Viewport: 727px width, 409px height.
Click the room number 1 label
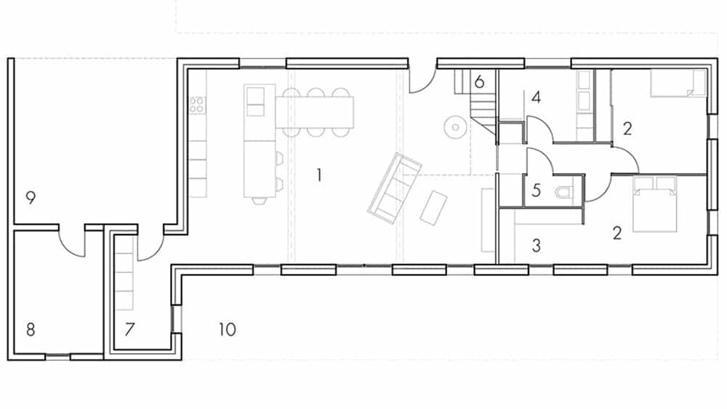point(319,175)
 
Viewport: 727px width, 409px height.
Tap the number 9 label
point(31,198)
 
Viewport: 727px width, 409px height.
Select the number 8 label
point(31,330)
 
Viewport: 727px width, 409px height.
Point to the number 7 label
point(129,329)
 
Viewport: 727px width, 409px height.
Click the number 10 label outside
point(227,329)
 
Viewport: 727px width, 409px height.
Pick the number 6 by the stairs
point(479,82)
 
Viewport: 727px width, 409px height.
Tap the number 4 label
point(537,97)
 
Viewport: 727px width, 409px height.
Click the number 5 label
point(537,190)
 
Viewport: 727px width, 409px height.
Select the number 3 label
point(537,245)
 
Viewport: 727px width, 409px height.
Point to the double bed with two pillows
point(655,204)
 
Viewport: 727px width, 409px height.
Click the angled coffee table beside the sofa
point(433,208)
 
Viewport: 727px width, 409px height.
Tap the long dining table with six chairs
point(315,112)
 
